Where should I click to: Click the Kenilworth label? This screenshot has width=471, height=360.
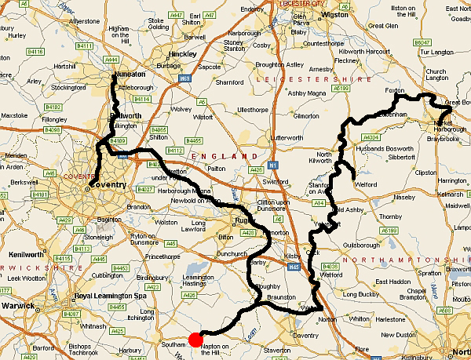pyautogui.click(x=26, y=256)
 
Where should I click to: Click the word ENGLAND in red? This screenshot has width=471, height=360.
pyautogui.click(x=214, y=156)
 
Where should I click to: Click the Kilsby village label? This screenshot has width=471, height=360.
pyautogui.click(x=292, y=256)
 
